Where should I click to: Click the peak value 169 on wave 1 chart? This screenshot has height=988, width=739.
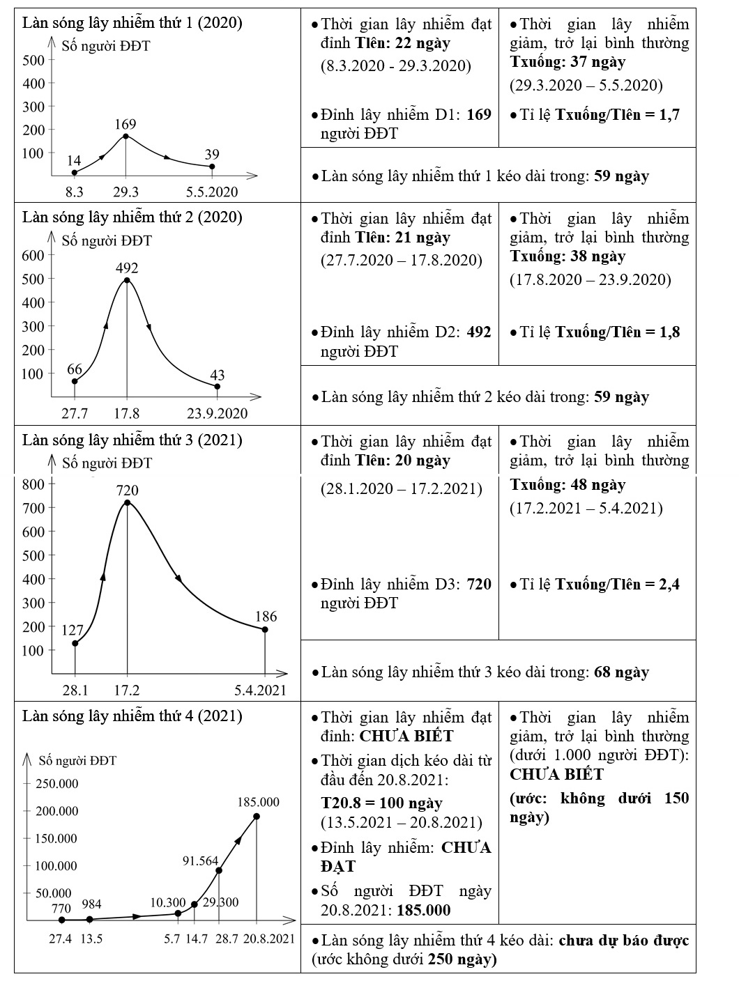(x=125, y=125)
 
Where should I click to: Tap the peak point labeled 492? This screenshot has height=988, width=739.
(x=127, y=280)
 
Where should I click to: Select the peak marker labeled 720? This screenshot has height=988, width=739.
(x=127, y=502)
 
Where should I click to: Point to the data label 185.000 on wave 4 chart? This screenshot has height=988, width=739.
(x=259, y=802)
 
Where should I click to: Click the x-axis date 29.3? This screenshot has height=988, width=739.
(x=125, y=192)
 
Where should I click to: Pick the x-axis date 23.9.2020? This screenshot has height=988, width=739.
(x=217, y=413)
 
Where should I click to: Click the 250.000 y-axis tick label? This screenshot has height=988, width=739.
(x=57, y=784)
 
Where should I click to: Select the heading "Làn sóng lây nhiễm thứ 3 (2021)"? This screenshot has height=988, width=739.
(x=132, y=440)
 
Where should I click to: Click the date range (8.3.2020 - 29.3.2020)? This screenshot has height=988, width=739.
(x=396, y=66)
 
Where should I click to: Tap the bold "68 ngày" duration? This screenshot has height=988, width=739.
(x=621, y=672)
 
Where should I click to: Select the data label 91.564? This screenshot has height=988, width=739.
(x=201, y=860)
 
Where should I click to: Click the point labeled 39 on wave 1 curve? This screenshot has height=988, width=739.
(x=212, y=167)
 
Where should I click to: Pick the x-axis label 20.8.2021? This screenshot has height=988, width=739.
(x=268, y=939)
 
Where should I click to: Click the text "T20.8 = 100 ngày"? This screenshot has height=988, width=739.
(x=381, y=803)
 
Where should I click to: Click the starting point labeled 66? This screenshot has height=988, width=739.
(x=75, y=381)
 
